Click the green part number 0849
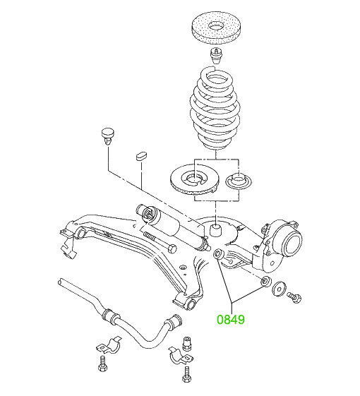click(231, 320)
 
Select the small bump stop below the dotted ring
click(215, 56)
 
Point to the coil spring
click(215, 109)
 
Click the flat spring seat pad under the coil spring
click(195, 180)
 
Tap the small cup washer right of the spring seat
click(238, 181)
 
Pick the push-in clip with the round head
click(107, 136)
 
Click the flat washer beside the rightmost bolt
click(279, 288)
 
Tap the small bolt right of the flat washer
click(294, 296)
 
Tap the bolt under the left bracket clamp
click(103, 364)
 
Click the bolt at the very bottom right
click(186, 374)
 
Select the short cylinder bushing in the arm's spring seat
click(216, 230)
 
